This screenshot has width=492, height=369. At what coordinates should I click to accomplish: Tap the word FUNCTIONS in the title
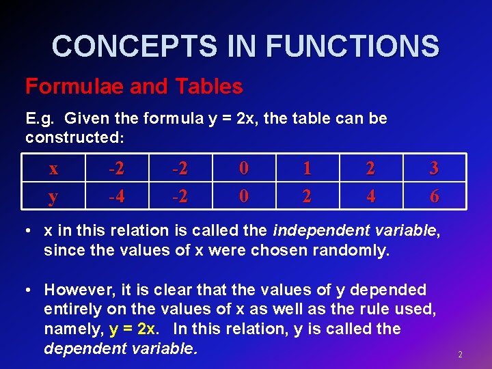coord(352,46)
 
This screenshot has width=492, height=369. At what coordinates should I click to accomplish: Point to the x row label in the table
coord(53,168)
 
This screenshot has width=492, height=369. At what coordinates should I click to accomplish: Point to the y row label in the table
coord(53,197)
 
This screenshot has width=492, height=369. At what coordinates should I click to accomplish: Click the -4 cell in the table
coord(116,197)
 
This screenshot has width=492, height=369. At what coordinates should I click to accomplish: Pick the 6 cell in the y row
coord(434,197)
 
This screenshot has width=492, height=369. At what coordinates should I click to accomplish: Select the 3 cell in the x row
coord(434,168)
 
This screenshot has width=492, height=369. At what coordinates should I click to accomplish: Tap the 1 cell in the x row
coord(307,168)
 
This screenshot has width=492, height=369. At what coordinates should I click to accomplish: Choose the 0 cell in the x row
coord(243,168)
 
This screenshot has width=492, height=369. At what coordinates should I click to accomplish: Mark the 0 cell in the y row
coord(243,197)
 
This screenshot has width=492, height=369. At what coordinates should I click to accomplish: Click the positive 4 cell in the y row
coord(370,197)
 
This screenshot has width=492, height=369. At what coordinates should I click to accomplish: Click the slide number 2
coord(460,355)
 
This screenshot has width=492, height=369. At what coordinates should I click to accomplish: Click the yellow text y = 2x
coord(133,329)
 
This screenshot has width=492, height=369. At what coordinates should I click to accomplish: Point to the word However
coord(77,290)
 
